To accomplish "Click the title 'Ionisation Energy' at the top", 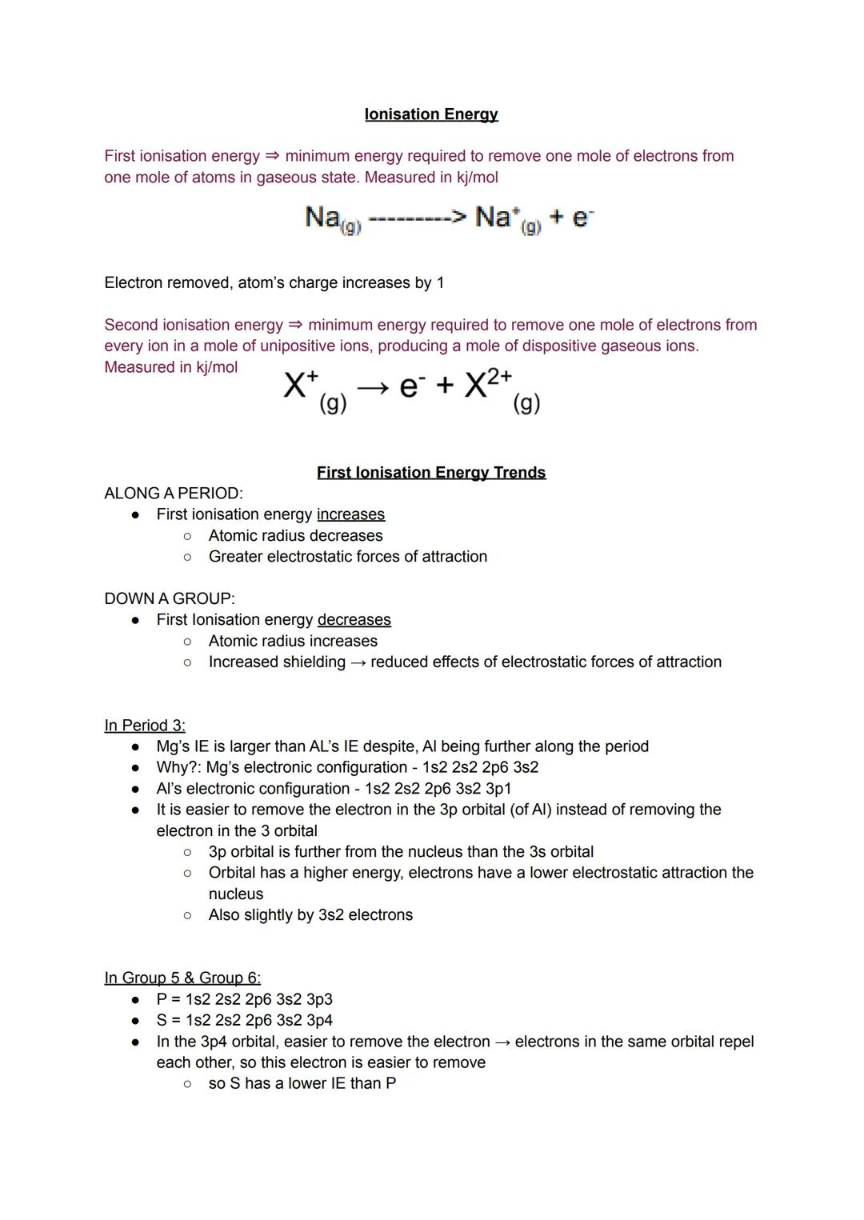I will tap(431, 114).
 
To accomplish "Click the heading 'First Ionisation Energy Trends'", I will tap(431, 473).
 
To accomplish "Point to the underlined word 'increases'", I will tap(350, 514).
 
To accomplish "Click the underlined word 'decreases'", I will tap(354, 620).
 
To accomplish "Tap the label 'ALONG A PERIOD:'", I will tap(174, 494).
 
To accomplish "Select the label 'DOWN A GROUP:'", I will tap(170, 598).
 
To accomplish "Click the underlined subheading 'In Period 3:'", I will tap(145, 726).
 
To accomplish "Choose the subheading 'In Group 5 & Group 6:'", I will tap(182, 978).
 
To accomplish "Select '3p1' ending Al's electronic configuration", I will tap(498, 789).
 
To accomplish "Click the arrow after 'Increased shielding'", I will tap(358, 662).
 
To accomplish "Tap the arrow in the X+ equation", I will tap(373, 387).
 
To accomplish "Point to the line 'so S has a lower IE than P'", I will tap(302, 1083).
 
